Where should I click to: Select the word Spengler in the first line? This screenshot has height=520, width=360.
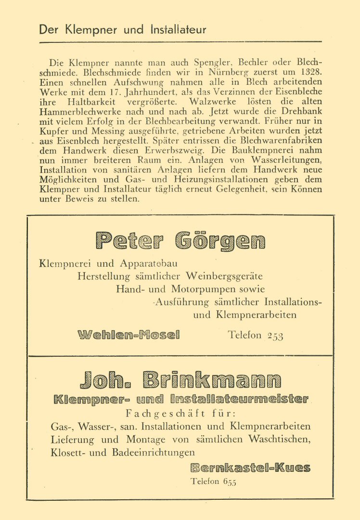point(184,63)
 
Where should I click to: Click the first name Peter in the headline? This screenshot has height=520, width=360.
point(130,241)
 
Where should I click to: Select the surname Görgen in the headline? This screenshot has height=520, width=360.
point(221,241)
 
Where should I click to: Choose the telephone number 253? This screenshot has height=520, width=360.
point(275,336)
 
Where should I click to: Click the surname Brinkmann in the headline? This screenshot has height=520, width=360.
point(212,380)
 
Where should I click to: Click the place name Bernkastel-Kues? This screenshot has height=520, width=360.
point(250,467)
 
